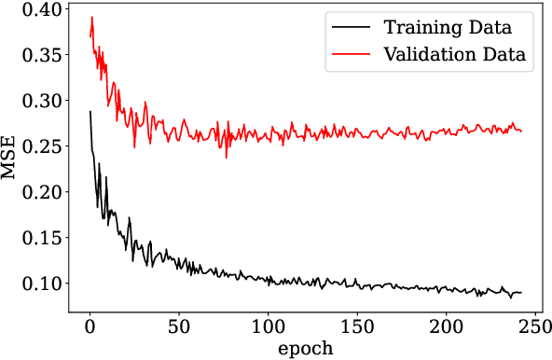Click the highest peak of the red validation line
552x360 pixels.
point(91,17)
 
